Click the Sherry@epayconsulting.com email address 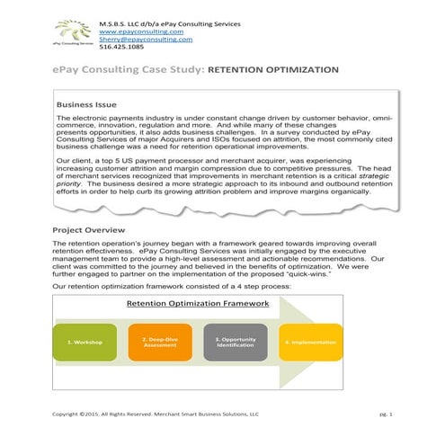146,39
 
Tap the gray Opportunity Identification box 235,343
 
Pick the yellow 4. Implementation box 311,343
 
